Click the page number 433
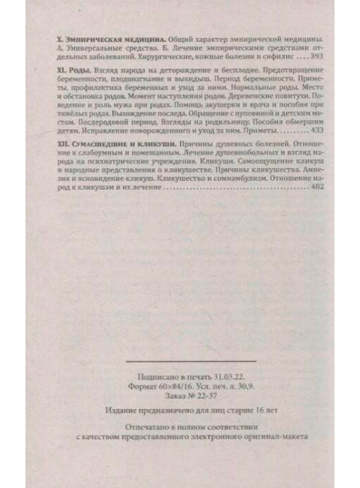(319, 128)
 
